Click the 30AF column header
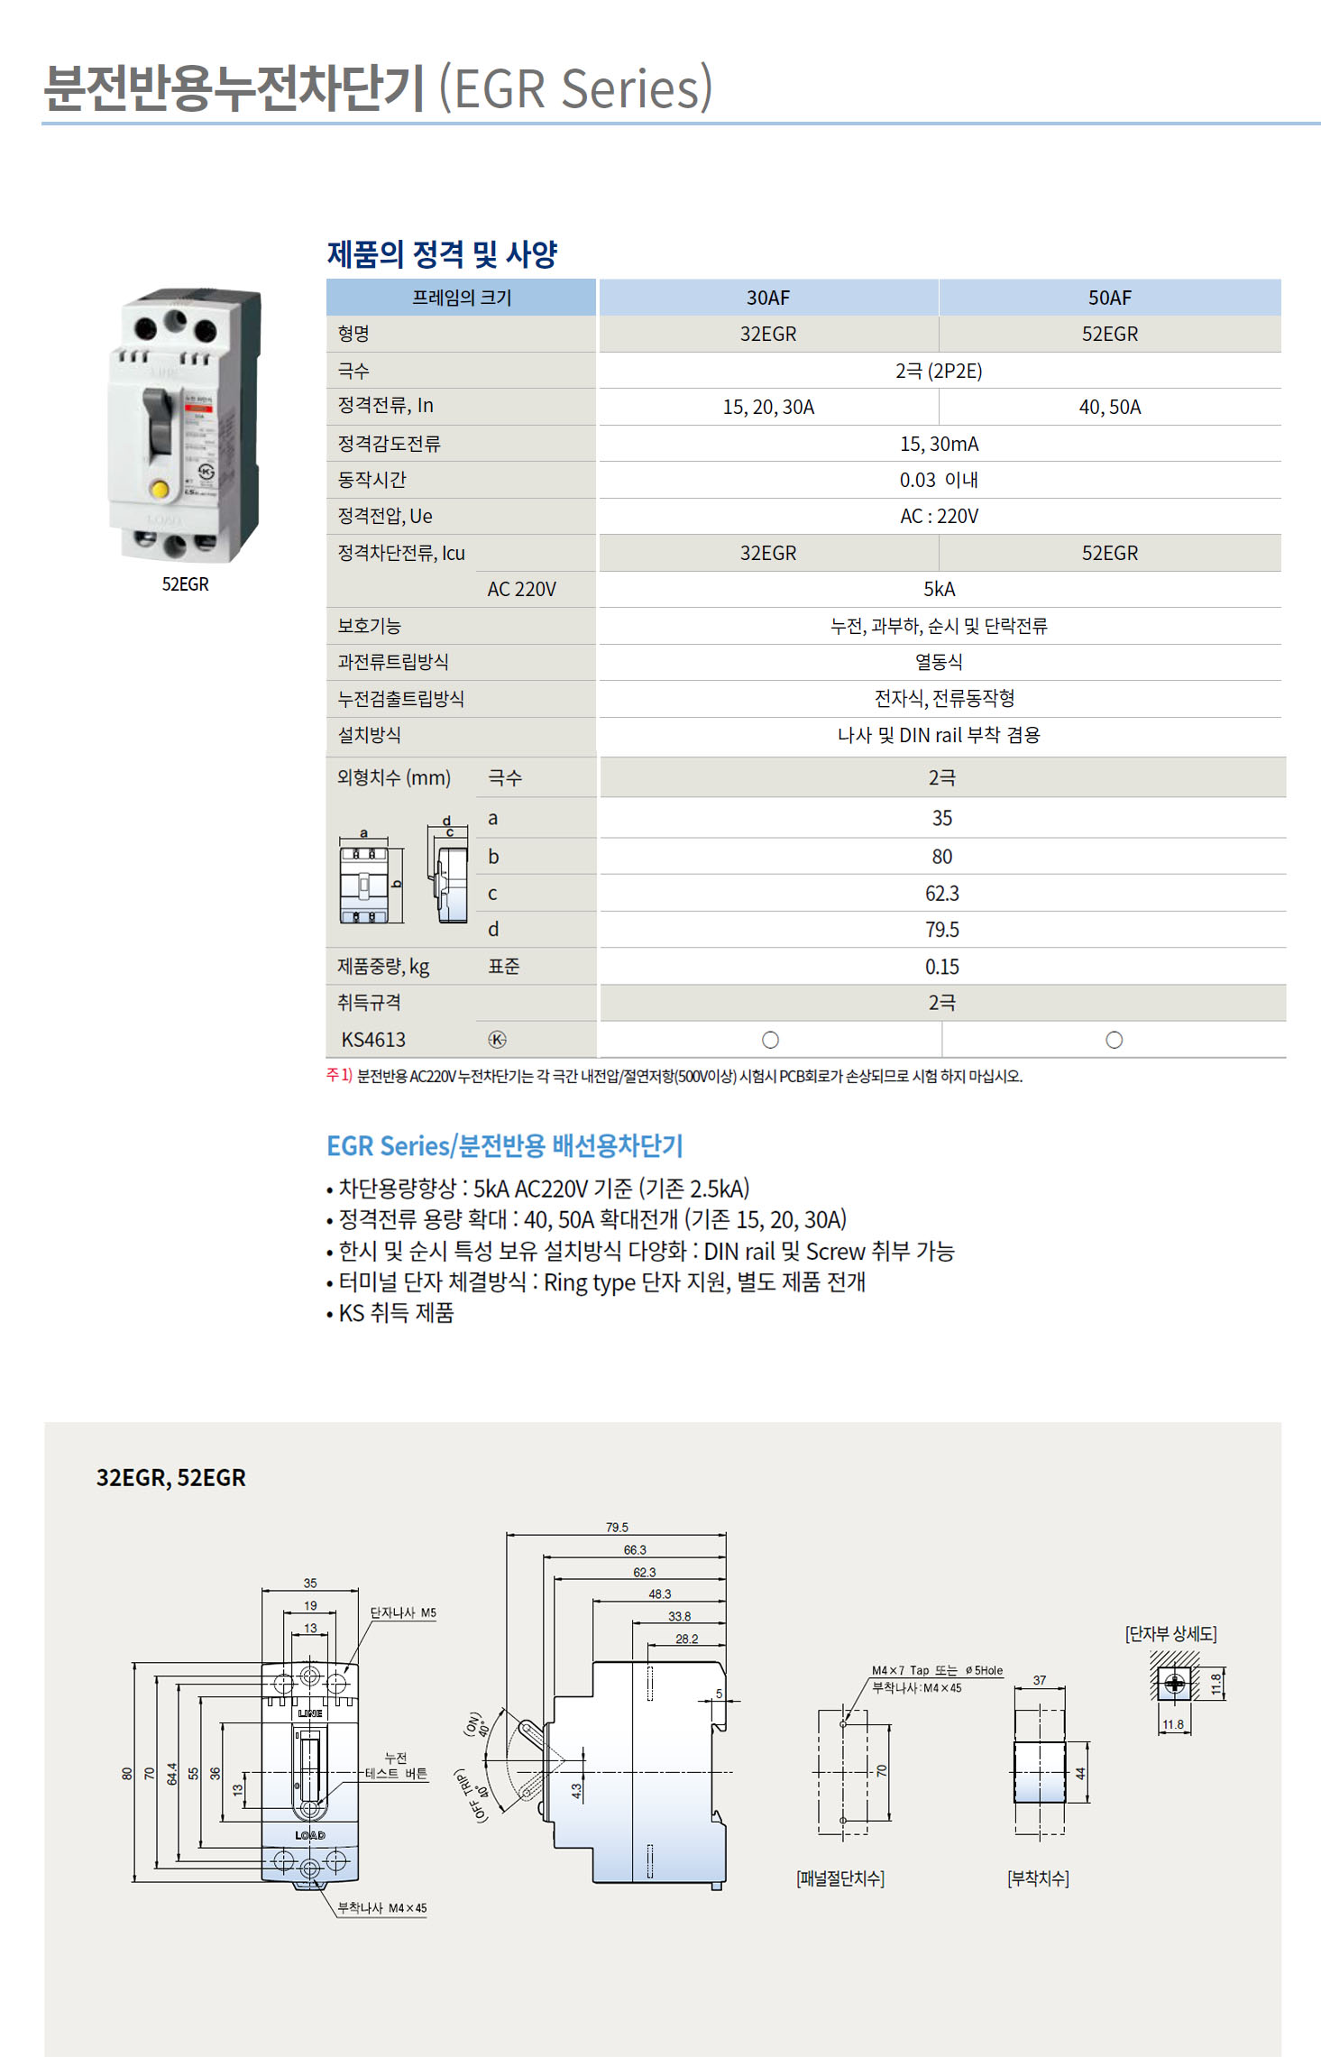point(767,298)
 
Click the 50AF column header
point(1109,298)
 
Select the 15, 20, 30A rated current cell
point(768,407)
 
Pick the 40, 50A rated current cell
point(1109,407)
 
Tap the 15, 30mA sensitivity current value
point(939,444)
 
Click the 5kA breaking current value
point(939,589)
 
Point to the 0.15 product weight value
point(941,967)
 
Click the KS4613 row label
point(373,1040)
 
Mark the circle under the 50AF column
point(1114,1040)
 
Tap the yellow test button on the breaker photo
point(160,490)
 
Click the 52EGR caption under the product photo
point(185,584)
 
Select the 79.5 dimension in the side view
point(617,1527)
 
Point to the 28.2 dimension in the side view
point(686,1639)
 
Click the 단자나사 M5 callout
point(403,1612)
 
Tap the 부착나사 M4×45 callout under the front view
point(381,1907)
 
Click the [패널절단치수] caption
point(840,1878)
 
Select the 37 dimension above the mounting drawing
point(1040,1680)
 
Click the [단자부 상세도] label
point(1170,1633)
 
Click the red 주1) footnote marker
point(339,1075)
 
